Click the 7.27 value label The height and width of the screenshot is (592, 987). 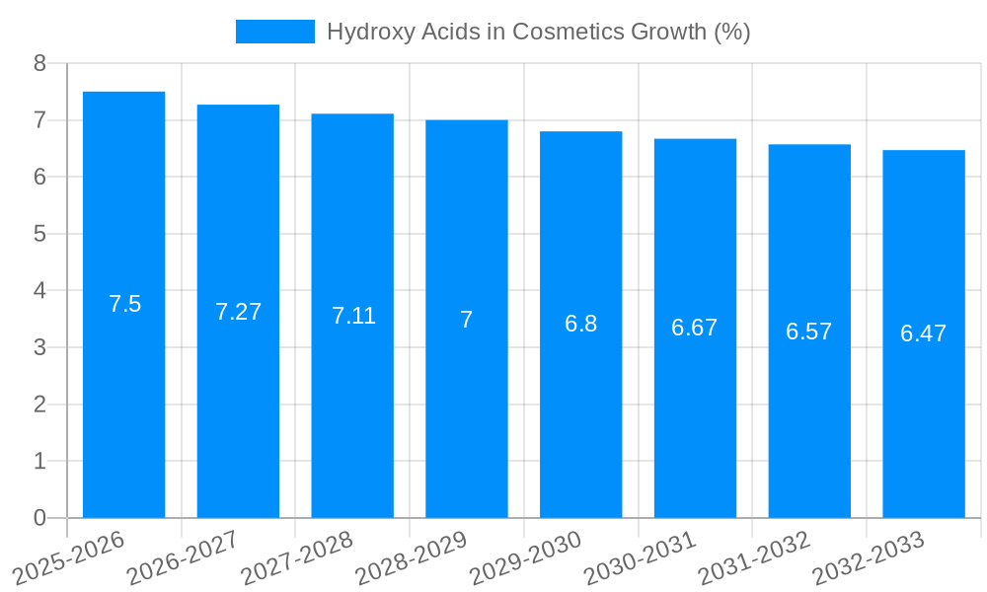coord(239,312)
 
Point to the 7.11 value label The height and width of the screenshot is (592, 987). coord(353,316)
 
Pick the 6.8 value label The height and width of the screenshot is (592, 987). coord(581,324)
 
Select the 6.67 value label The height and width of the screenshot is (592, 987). coord(695,328)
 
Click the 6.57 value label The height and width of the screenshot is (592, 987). coord(809,332)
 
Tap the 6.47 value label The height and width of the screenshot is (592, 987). coord(924,333)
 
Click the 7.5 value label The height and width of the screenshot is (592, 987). coord(125,304)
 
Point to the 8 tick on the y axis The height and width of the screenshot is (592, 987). coord(39,63)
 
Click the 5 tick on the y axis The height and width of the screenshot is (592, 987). coord(39,234)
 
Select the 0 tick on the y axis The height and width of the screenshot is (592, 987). coord(39,518)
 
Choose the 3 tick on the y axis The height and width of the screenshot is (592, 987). coord(39,347)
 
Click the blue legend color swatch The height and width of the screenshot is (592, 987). coord(275,32)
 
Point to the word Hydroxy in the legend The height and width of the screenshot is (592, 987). coord(365,32)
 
